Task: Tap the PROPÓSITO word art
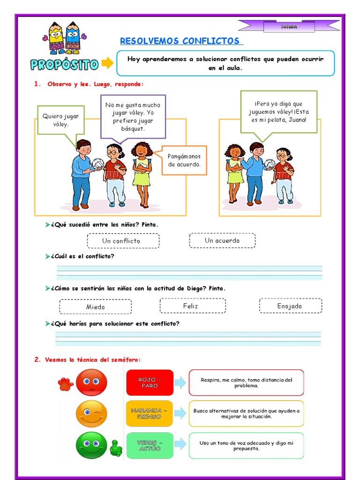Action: (65, 64)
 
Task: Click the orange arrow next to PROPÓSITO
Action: (108, 63)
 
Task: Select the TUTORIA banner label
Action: (289, 27)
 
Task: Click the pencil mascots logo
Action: (65, 37)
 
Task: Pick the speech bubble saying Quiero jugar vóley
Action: (60, 120)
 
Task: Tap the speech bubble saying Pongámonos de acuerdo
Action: (184, 160)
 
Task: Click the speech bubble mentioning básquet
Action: (133, 117)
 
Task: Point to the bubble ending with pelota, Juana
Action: (279, 112)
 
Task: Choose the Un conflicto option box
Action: (123, 241)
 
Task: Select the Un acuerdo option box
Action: (222, 240)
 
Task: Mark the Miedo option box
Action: (95, 307)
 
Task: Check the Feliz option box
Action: (192, 306)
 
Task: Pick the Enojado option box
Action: (290, 306)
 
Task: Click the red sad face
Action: (91, 382)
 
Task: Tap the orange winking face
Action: (91, 414)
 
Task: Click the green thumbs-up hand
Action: (115, 449)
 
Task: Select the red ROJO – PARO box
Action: (150, 382)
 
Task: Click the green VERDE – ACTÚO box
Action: (150, 445)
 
